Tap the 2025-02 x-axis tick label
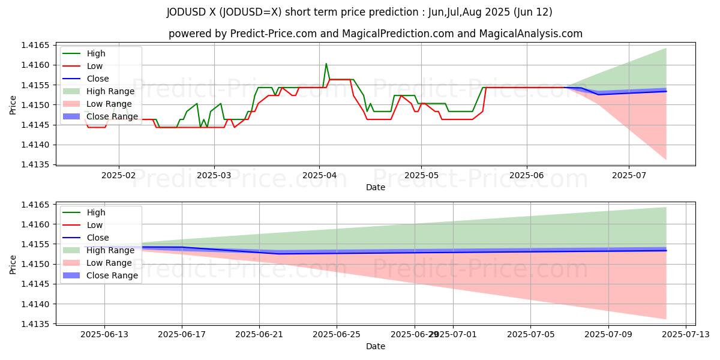(x=118, y=175)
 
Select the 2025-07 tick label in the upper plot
(x=629, y=175)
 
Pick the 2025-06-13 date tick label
(x=104, y=335)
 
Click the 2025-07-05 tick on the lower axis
(x=531, y=335)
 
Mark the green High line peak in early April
(x=326, y=64)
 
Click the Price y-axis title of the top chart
(x=13, y=104)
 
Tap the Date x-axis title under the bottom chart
(x=376, y=346)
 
